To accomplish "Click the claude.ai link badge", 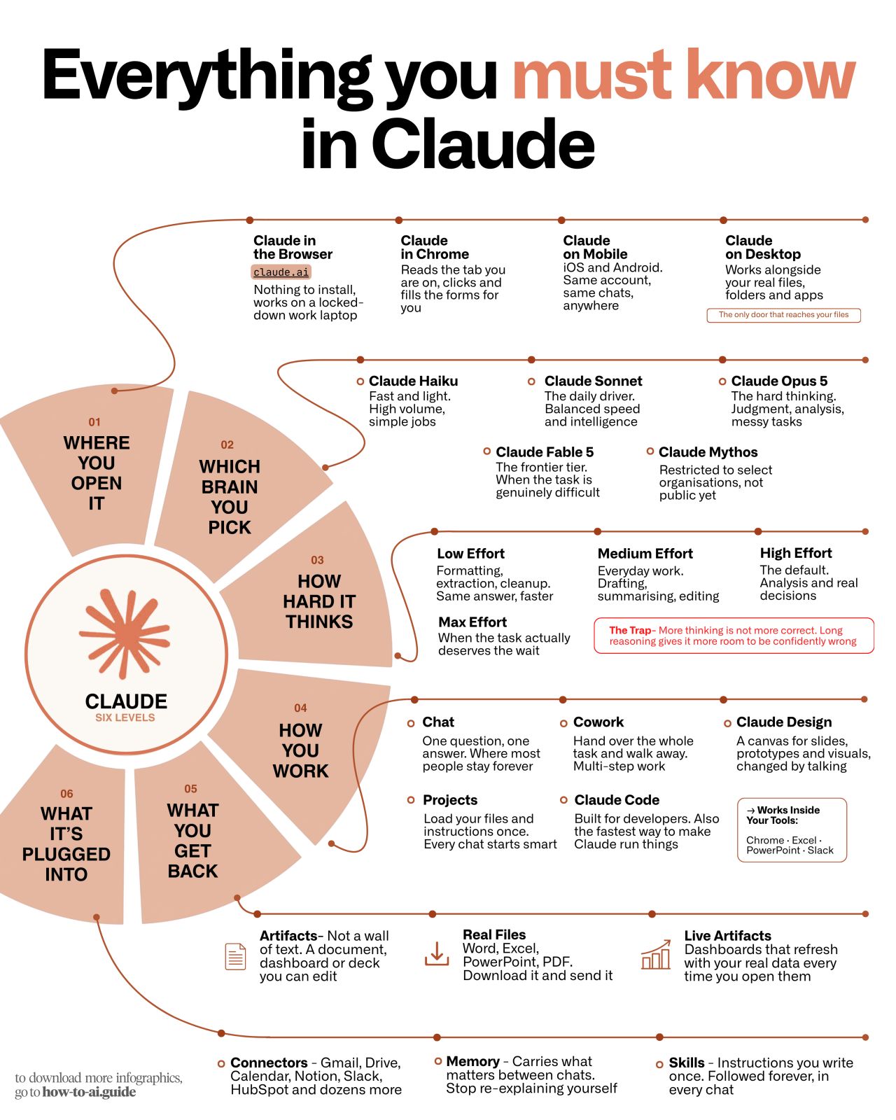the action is tap(281, 272).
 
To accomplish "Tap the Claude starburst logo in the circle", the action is tap(125, 633).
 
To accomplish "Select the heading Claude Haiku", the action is tap(414, 381).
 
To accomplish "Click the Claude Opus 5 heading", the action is tap(779, 381).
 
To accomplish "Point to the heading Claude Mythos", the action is tap(708, 451).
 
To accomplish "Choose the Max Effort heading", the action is tap(472, 622).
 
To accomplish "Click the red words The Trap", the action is tap(630, 630).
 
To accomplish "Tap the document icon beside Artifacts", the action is tap(235, 956).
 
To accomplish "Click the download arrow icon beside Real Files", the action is tap(437, 953).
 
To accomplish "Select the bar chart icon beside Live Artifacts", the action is tap(655, 955).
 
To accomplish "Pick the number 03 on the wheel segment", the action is tap(317, 560).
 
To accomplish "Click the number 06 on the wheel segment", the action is tap(66, 794).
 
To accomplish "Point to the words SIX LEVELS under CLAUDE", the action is tap(125, 717).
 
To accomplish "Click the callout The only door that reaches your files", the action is tap(783, 315).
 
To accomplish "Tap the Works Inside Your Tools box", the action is tap(792, 830).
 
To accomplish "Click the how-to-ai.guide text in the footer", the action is tap(89, 1091).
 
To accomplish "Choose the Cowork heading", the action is tap(598, 722).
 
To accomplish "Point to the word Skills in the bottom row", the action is tap(687, 1062).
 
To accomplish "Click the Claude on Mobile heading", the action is tap(595, 247).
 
